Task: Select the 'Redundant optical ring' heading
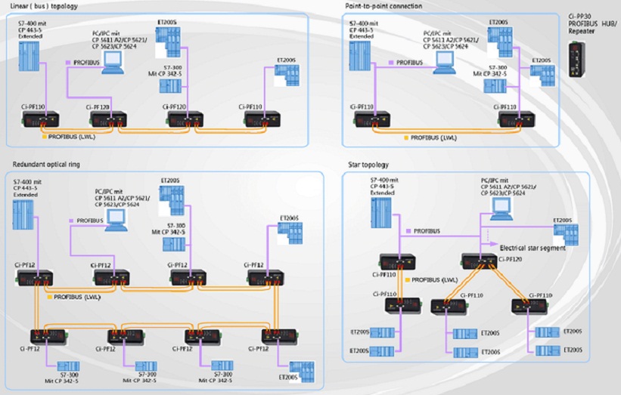point(46,164)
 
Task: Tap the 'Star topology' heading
point(368,164)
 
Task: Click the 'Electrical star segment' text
point(533,248)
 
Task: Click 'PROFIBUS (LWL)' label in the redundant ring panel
point(81,297)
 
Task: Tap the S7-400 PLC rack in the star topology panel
point(383,211)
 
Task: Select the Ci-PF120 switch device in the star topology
point(478,261)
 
